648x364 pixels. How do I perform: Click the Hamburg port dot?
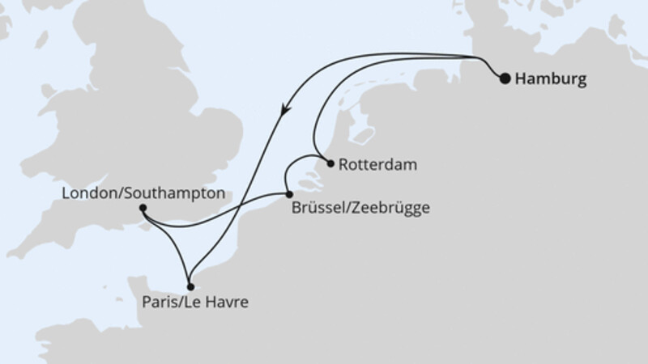tap(505, 78)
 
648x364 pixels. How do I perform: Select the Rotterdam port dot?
tap(330, 163)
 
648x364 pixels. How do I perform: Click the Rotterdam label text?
tap(377, 165)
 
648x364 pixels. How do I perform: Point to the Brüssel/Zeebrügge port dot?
tap(289, 193)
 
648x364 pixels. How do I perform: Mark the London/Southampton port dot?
tap(143, 208)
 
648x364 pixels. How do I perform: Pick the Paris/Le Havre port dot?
tap(190, 286)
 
